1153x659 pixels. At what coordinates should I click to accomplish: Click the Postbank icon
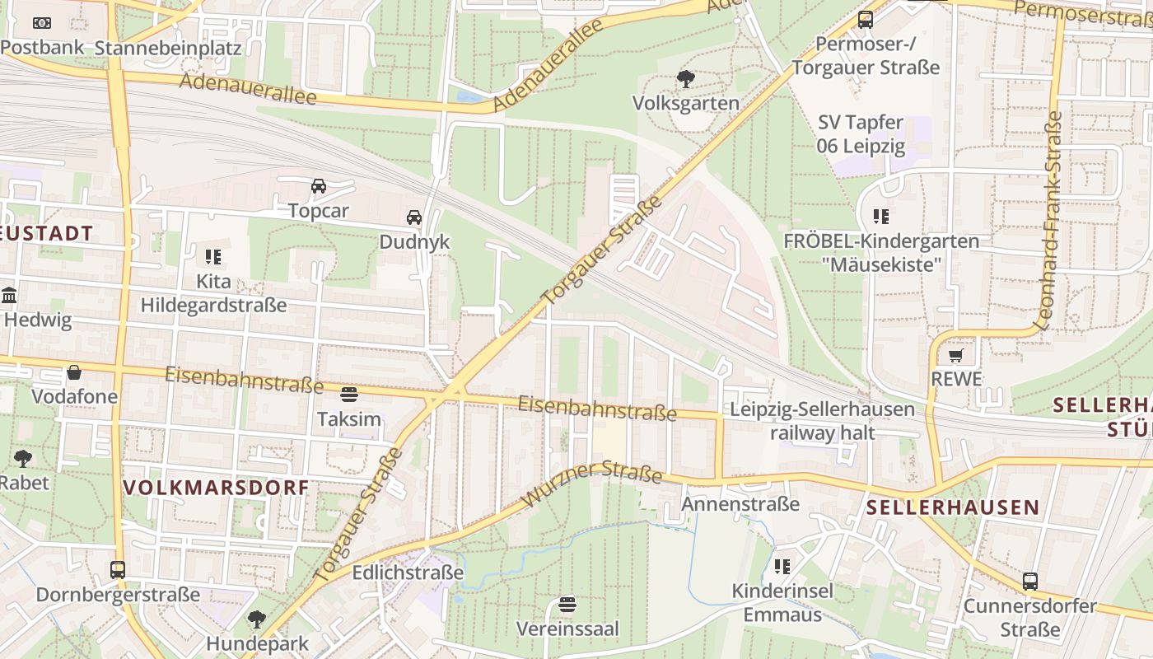[41, 23]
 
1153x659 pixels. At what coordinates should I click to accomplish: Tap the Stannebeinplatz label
[168, 48]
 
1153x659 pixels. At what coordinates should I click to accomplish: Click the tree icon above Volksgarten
[685, 79]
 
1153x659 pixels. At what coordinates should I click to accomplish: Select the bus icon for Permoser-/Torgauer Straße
[865, 20]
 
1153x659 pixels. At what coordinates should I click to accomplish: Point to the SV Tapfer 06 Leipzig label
[861, 135]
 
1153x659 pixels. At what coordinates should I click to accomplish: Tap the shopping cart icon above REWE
[955, 356]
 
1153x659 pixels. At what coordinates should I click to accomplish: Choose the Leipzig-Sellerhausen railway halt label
[822, 421]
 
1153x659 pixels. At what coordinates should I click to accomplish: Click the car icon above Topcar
[318, 186]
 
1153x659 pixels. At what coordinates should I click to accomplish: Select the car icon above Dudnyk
[414, 217]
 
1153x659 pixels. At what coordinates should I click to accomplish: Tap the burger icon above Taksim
[349, 395]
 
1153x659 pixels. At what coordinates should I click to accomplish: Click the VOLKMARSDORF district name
[216, 488]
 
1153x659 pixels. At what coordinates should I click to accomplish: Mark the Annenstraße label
[740, 503]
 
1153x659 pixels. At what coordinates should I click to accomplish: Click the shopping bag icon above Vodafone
[74, 372]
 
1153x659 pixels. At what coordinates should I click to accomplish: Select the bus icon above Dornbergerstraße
[118, 570]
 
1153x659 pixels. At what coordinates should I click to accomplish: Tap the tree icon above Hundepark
[257, 619]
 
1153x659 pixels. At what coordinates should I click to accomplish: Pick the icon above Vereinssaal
[567, 605]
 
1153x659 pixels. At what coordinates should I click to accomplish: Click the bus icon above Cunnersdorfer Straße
[1029, 582]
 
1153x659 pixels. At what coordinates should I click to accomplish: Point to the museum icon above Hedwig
[9, 295]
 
